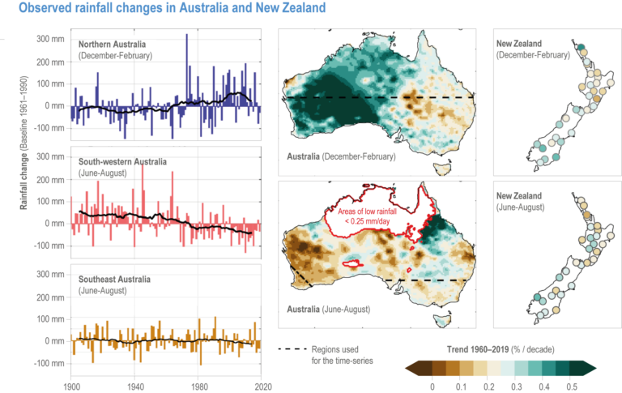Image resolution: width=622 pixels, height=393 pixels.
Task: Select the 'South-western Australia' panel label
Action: click(123, 161)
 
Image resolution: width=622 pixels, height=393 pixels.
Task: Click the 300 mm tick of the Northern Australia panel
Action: click(50, 39)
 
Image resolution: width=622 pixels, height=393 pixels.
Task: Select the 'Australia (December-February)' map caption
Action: click(341, 156)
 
